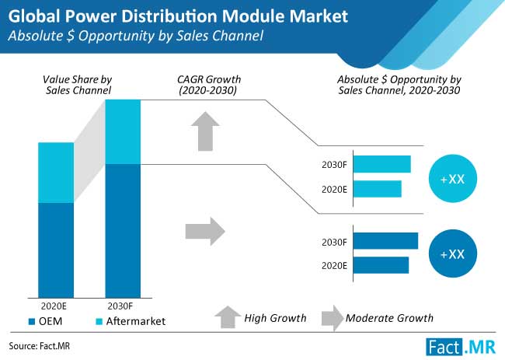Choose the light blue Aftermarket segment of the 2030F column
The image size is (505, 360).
[x=123, y=132]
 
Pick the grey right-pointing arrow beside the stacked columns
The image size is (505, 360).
[x=204, y=230]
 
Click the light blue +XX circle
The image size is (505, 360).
[x=452, y=178]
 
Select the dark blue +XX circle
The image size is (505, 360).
[x=452, y=253]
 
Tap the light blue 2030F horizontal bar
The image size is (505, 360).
[x=382, y=164]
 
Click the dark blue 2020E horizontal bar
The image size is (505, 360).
[x=381, y=265]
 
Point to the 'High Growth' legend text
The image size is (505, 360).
[x=275, y=317]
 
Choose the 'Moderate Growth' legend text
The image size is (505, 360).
[x=389, y=317]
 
